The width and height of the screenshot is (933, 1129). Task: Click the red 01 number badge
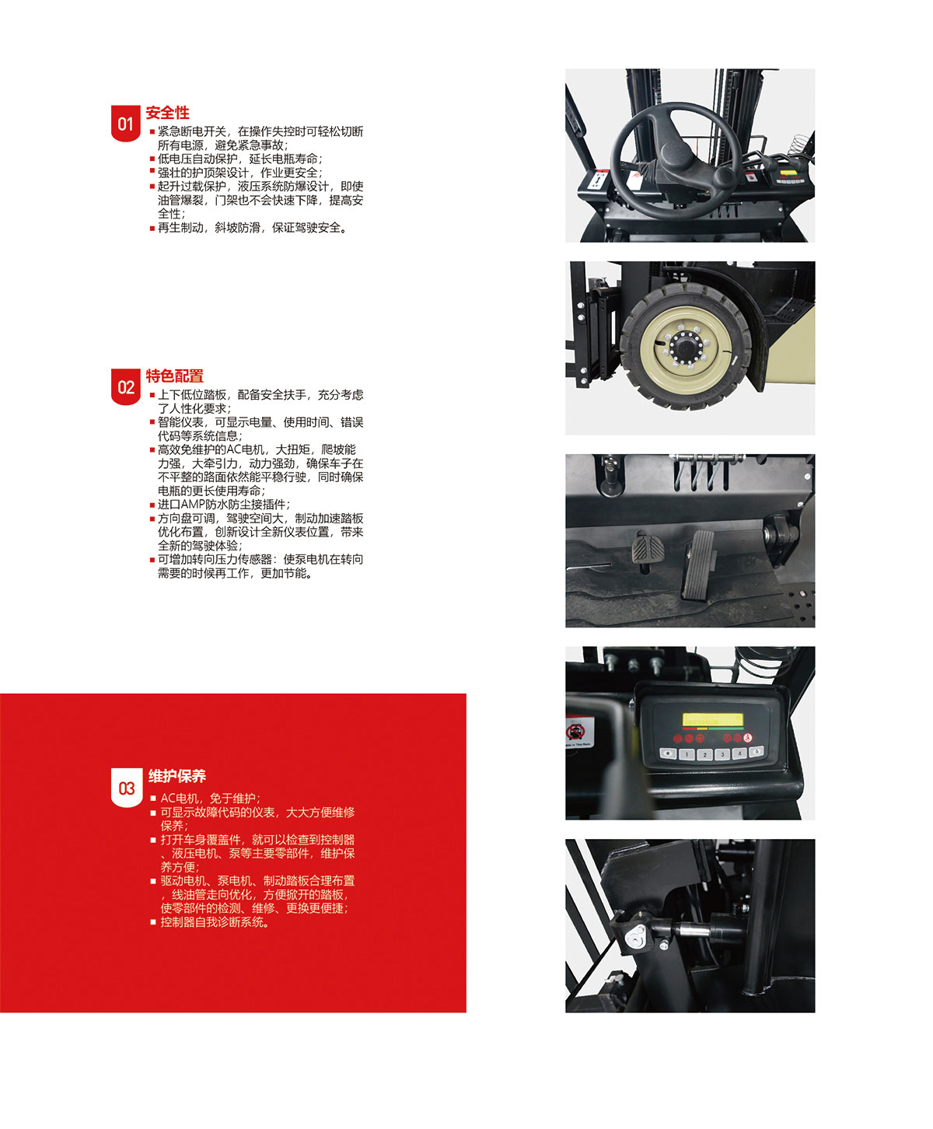coord(125,124)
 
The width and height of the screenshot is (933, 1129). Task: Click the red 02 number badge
coord(125,386)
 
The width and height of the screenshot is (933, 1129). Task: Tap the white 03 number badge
coord(127,788)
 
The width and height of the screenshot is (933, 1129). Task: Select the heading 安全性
coord(168,113)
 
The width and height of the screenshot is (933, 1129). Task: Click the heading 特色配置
coord(175,376)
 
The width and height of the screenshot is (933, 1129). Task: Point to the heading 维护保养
coord(177,776)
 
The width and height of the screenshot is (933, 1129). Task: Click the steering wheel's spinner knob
coord(723,175)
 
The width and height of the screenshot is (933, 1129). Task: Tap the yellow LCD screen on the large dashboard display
coord(712,720)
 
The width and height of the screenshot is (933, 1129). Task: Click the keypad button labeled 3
coord(722,754)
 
